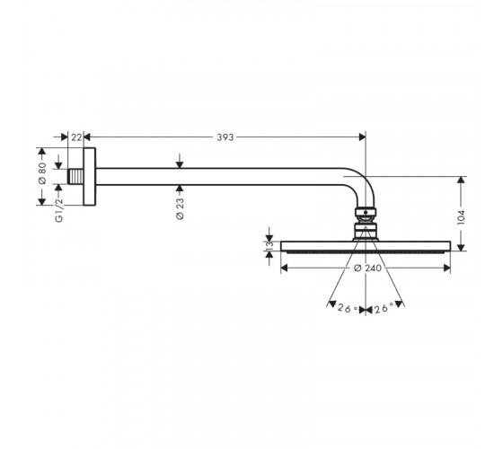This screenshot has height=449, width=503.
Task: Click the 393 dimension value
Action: pyautogui.click(x=225, y=137)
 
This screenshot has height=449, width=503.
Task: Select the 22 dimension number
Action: pyautogui.click(x=76, y=137)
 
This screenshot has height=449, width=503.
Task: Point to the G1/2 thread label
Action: pyautogui.click(x=59, y=210)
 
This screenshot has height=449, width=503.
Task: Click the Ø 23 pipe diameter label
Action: pyautogui.click(x=180, y=208)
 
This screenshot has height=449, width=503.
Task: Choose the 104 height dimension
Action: pyautogui.click(x=461, y=217)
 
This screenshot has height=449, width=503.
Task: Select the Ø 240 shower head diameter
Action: pyautogui.click(x=368, y=268)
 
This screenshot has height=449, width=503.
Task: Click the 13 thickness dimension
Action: pyautogui.click(x=269, y=245)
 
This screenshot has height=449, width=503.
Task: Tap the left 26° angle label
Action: pyautogui.click(x=348, y=309)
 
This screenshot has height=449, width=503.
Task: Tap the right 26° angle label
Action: pyautogui.click(x=384, y=309)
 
